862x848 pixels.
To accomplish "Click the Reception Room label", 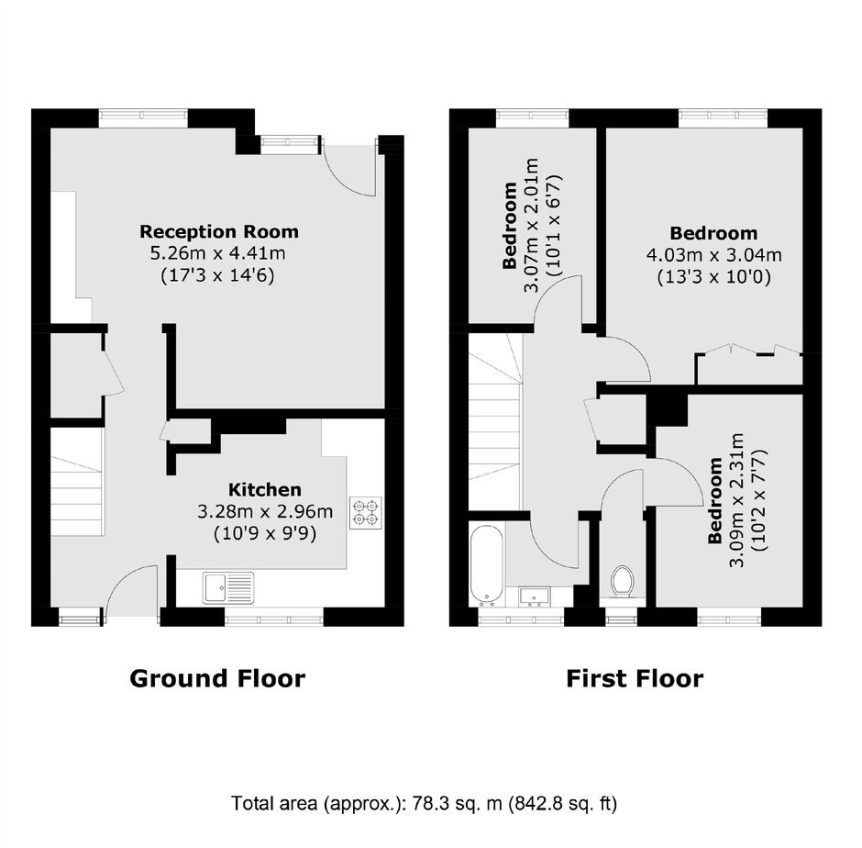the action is coord(219,231).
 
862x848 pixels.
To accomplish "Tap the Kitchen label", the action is coord(264,490).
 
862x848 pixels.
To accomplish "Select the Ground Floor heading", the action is coord(217,678).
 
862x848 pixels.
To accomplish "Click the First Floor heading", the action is coord(635,678).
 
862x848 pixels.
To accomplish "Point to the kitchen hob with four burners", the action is coord(366,513).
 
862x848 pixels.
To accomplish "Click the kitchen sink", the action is coord(228,587).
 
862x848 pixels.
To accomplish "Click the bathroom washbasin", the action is coord(535,596).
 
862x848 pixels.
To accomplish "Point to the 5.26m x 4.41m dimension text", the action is coord(218,253).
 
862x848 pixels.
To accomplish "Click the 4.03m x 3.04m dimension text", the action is coord(713,255).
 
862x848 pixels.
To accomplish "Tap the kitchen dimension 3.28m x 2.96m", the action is coord(265,512).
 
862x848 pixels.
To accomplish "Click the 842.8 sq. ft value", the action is coord(562,803).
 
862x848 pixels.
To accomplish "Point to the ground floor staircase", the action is coord(78,482).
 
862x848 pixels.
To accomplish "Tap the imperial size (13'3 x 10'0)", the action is coord(713,277).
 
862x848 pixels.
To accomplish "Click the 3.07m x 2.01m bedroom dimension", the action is coord(532,225).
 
